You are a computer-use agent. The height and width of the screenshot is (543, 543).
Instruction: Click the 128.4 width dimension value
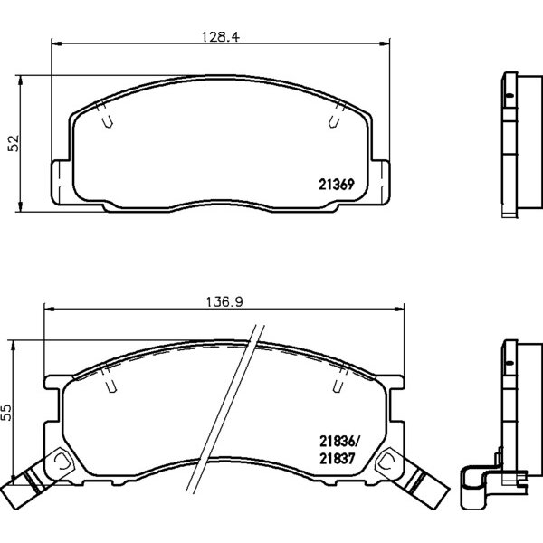pos(221,37)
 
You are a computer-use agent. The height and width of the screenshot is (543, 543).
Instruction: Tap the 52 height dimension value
pos(14,143)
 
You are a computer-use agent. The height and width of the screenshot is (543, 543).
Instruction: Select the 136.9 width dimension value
pos(224,302)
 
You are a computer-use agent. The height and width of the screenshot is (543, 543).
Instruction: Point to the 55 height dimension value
pos(7,412)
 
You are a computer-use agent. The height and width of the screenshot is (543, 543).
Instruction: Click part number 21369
pos(337,185)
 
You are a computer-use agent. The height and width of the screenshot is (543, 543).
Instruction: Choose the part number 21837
pos(338,459)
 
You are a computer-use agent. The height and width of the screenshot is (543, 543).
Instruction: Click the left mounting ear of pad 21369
pos(61,182)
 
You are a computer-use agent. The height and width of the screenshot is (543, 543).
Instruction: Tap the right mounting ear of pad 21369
pos(380,182)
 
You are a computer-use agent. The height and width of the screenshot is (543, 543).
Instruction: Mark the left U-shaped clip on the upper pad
pos(108,121)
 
